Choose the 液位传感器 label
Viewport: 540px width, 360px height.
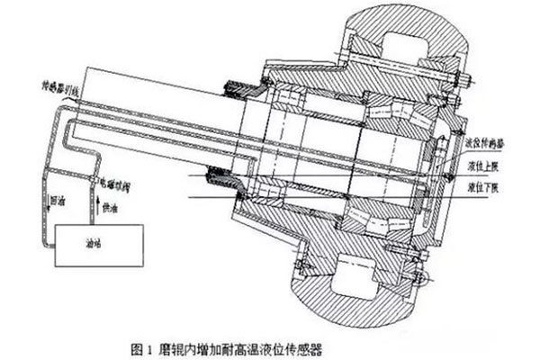490,142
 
